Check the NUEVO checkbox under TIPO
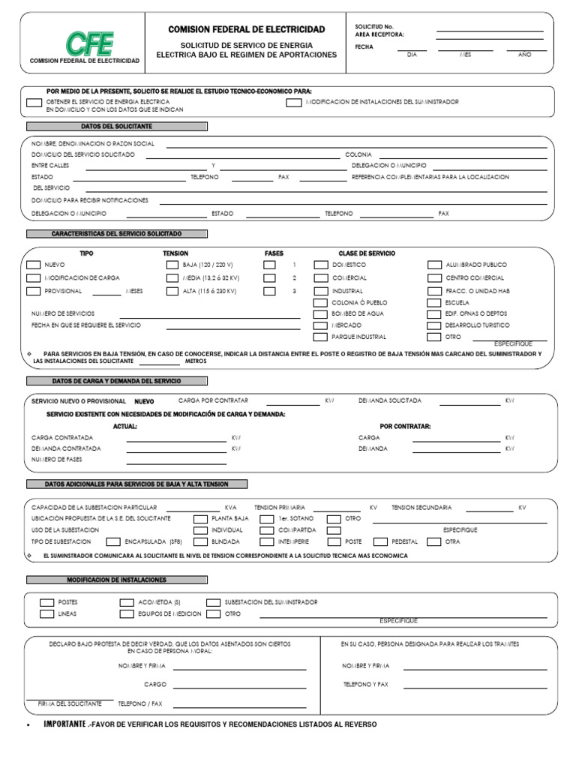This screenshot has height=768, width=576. [x=33, y=265]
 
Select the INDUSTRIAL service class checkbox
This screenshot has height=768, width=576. [x=320, y=291]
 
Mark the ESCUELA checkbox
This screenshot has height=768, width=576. [x=433, y=303]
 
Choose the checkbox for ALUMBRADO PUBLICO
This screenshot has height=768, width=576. [x=433, y=265]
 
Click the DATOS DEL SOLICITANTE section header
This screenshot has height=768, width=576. [x=118, y=127]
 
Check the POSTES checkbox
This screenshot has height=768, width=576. [x=46, y=602]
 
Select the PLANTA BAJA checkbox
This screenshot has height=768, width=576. [x=200, y=518]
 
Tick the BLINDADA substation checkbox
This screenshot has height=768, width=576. [x=200, y=541]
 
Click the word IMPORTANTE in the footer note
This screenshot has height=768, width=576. [x=64, y=724]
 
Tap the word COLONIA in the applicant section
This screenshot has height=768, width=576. [x=358, y=154]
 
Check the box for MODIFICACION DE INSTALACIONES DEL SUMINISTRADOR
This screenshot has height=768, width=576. [x=293, y=102]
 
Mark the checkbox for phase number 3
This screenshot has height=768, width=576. [x=270, y=291]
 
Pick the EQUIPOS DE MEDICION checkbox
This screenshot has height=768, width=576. [x=126, y=614]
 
